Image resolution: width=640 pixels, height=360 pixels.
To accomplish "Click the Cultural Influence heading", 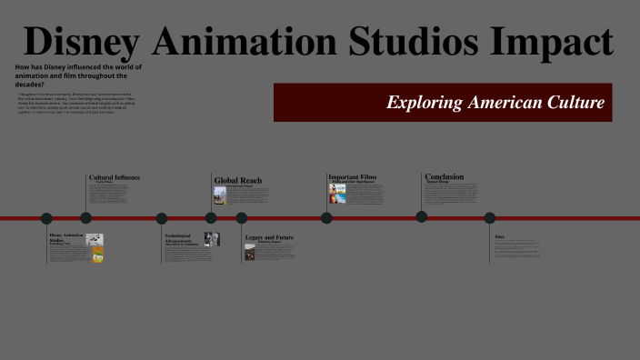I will tap(115, 176).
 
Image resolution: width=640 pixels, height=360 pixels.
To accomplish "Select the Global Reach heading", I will tap(238, 180).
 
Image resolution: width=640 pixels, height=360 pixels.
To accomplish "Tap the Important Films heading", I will tap(352, 176).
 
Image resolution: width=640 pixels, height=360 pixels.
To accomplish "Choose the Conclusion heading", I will tap(444, 176).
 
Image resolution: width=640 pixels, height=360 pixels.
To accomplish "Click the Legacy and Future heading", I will tap(269, 237).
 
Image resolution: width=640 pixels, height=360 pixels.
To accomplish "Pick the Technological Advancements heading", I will tap(182, 239).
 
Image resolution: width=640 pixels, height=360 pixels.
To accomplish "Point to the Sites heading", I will tap(499, 236).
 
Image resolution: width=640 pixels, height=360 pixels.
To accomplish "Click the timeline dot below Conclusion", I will tap(422, 216).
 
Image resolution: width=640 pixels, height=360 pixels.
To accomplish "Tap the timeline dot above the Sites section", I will tap(490, 218).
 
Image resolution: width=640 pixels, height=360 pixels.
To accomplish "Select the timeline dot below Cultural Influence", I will tap(86, 218).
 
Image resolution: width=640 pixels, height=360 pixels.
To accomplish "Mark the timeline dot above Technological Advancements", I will tap(162, 218).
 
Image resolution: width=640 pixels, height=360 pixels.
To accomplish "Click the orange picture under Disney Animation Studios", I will tap(97, 255).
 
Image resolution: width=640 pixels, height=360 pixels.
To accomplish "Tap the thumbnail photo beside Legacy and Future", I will tap(250, 252).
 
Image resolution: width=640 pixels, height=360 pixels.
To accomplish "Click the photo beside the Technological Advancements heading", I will tap(212, 239).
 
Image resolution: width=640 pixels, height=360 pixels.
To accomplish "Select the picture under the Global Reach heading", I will tap(219, 195).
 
